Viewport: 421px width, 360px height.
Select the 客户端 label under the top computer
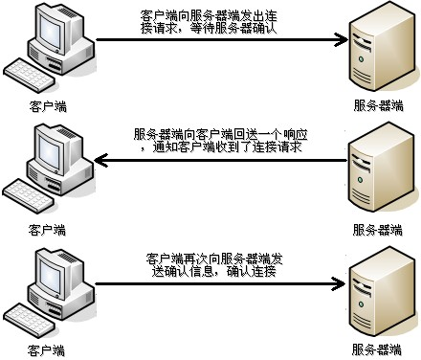point(48,106)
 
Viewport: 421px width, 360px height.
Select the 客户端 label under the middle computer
point(48,230)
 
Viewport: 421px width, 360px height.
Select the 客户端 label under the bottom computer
point(48,350)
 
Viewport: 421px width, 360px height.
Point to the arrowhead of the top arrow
point(339,40)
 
